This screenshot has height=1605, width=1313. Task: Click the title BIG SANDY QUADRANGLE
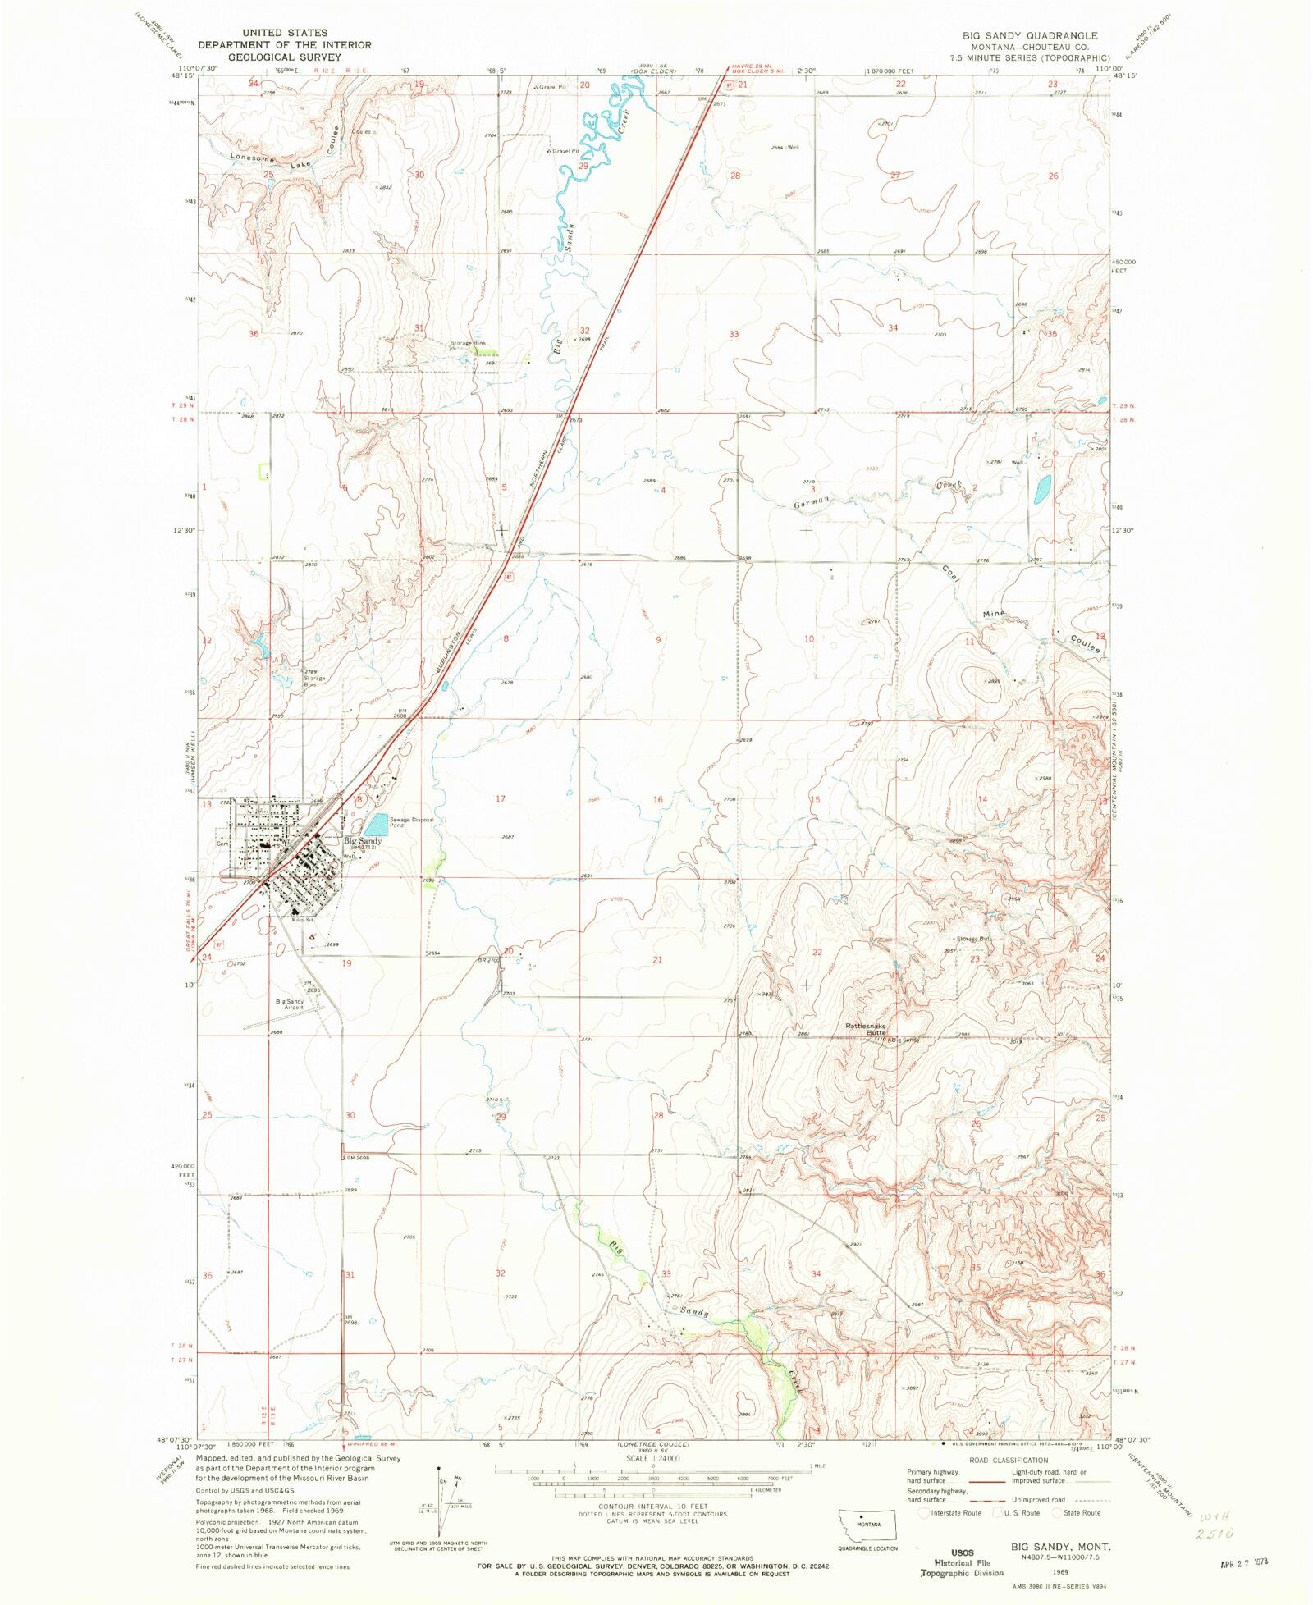click(x=1030, y=35)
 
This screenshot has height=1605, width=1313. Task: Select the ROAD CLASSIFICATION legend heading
click(x=1009, y=1460)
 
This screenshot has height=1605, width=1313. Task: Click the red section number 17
click(x=501, y=798)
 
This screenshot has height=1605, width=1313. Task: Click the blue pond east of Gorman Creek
click(x=1043, y=490)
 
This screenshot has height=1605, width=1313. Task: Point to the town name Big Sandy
click(x=362, y=841)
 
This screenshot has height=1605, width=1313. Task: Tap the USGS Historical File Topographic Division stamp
click(x=962, y=1563)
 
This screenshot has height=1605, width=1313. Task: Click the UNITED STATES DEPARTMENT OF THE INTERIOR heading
click(x=284, y=44)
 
